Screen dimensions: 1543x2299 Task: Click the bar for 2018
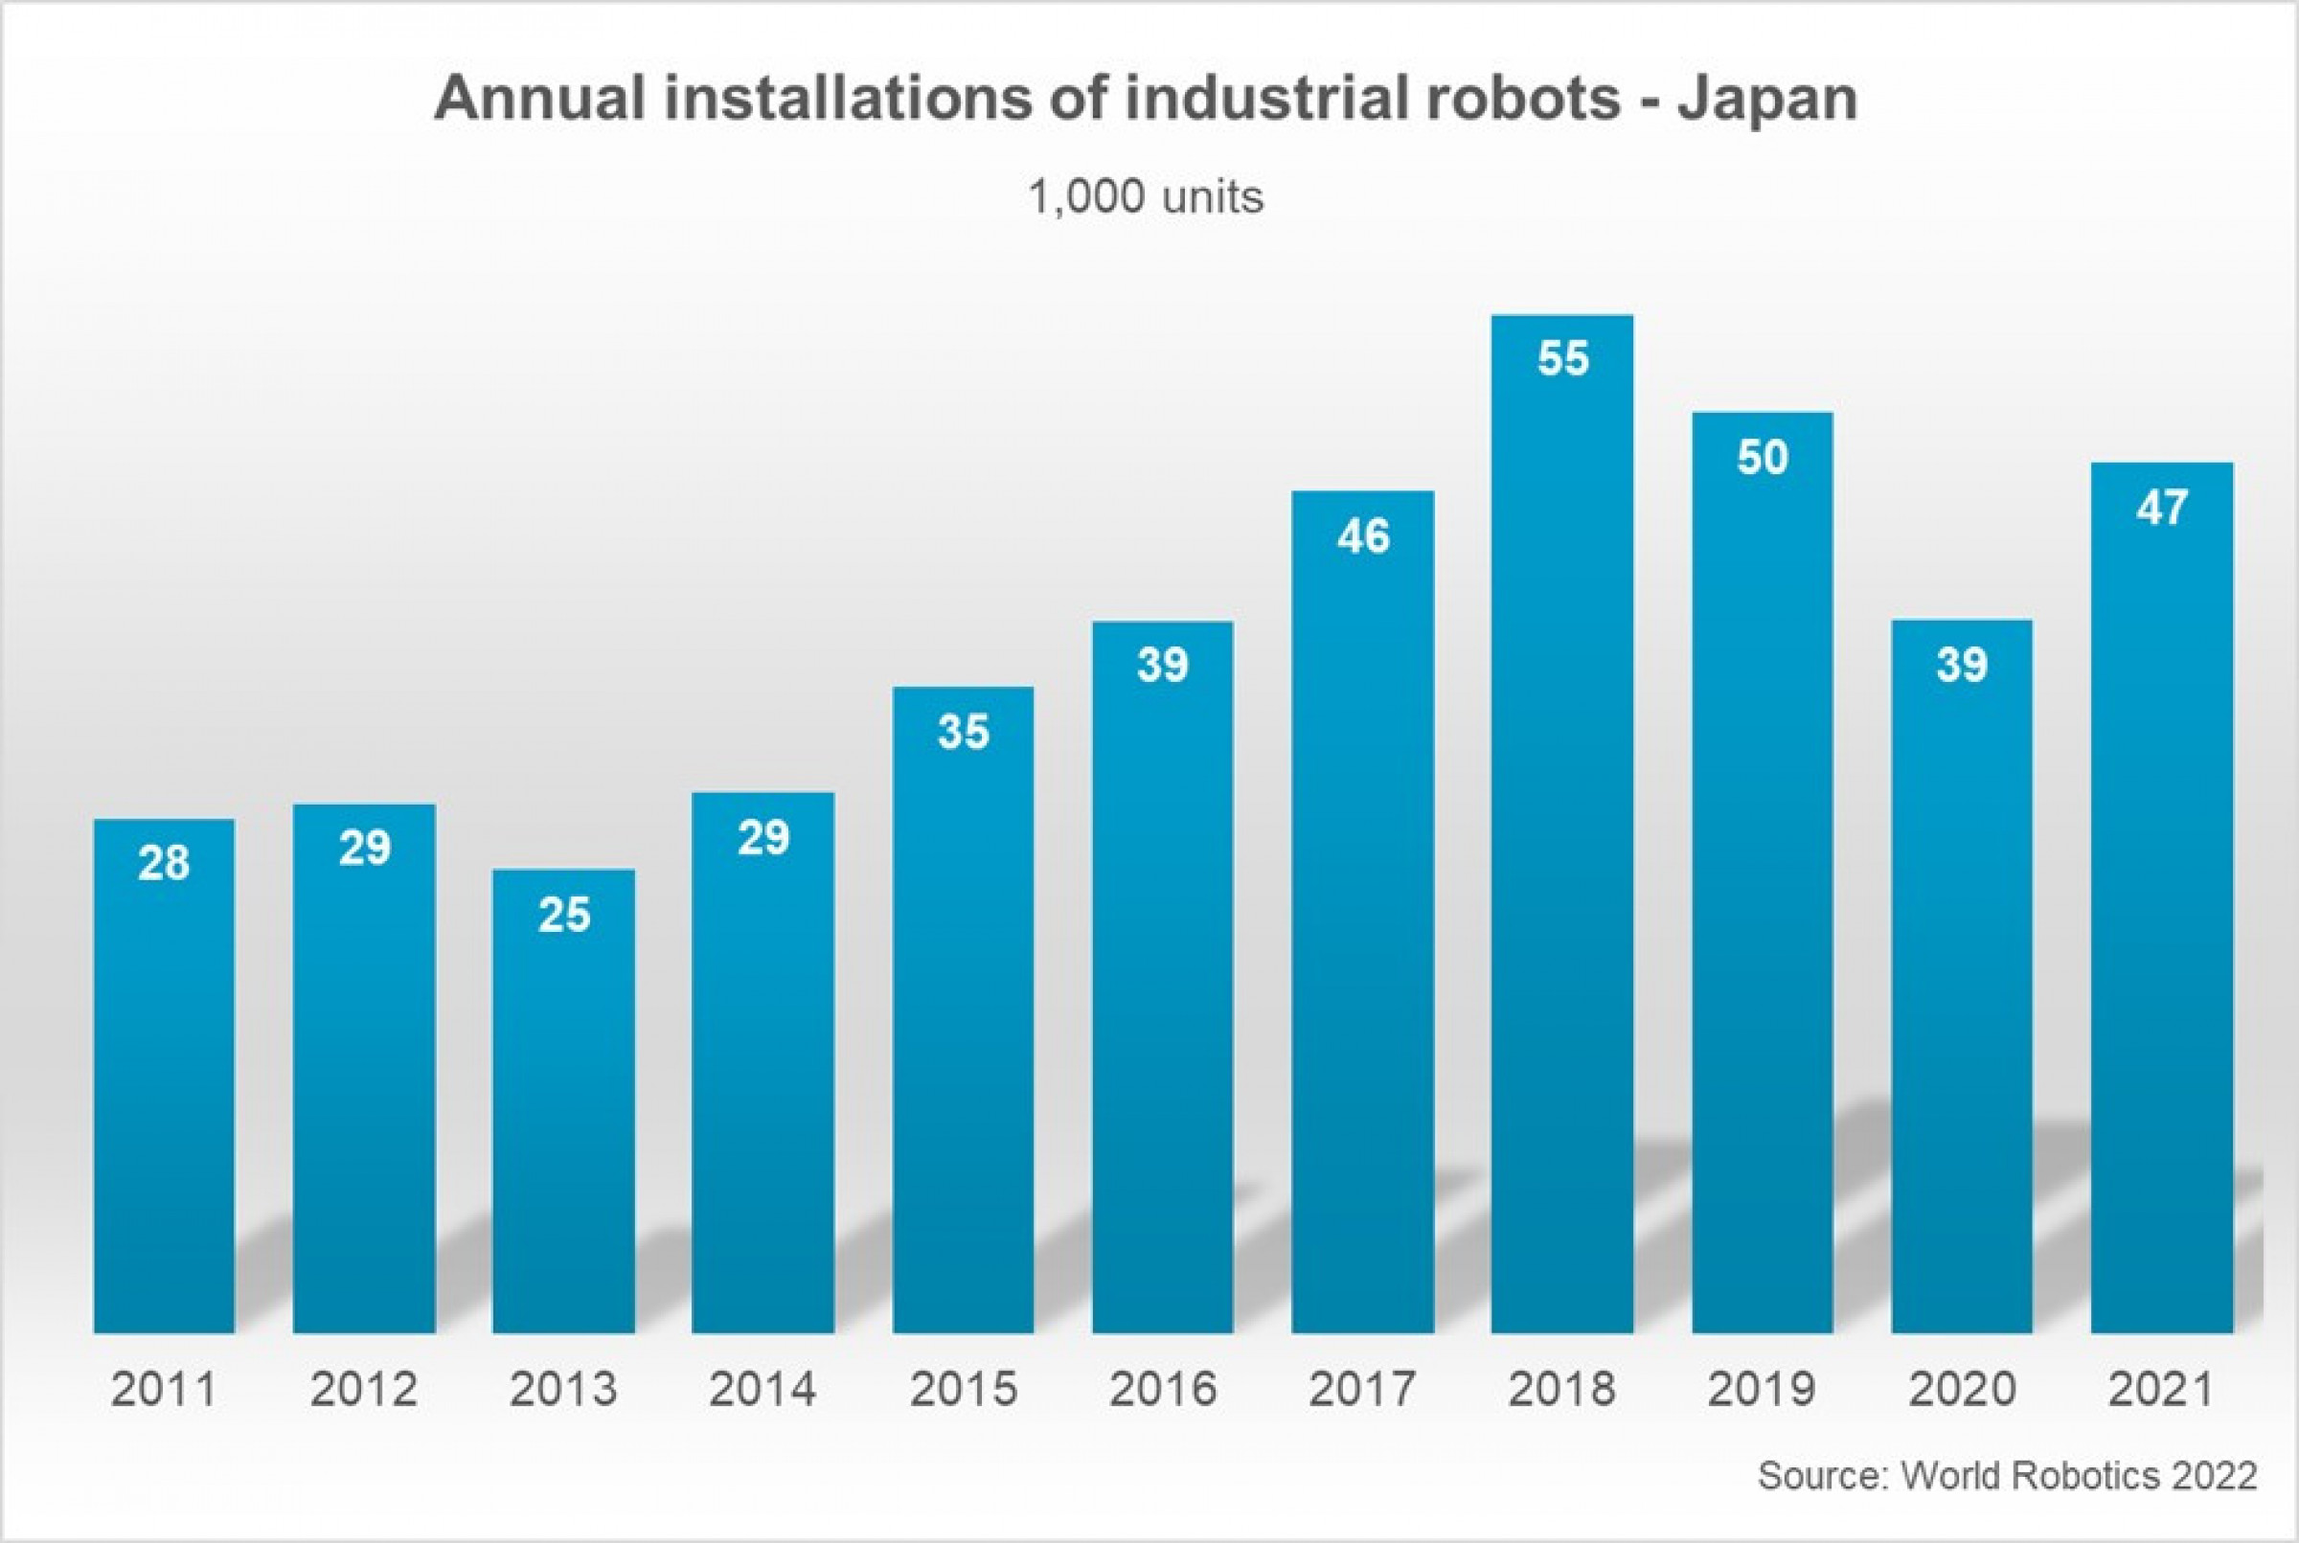coord(1561,827)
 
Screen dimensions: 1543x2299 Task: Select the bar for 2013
coord(564,1102)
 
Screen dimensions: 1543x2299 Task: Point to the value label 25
coord(564,916)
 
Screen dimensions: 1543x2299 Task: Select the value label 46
coord(1363,536)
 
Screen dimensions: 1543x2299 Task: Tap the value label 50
coord(1762,458)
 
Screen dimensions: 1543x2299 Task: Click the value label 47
coord(2161,508)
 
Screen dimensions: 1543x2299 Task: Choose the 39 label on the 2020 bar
coord(1962,666)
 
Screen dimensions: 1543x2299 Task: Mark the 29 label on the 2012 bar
coord(364,848)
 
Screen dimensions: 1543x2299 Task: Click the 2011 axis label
coord(164,1390)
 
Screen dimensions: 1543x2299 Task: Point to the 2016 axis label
coord(1162,1390)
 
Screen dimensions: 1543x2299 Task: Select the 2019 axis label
coord(1762,1390)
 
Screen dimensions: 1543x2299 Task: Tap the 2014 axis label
coord(763,1390)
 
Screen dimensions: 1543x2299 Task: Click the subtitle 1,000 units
coord(1146,196)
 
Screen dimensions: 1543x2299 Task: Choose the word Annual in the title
coord(538,99)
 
